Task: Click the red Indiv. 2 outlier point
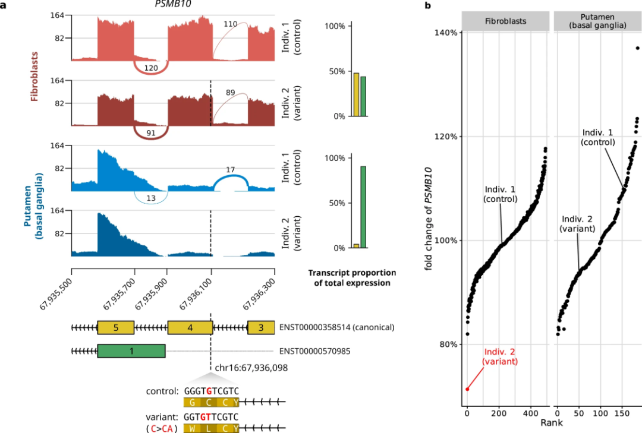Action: [467, 389]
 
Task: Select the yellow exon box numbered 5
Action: [116, 327]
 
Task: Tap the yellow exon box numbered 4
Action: [190, 327]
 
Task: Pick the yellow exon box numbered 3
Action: [260, 327]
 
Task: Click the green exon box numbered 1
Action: [131, 351]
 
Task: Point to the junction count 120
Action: [151, 68]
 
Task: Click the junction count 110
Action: [231, 24]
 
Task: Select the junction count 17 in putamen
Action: [231, 170]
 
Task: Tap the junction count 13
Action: [151, 198]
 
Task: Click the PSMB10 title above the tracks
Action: [172, 5]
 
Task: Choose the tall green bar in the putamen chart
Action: [363, 207]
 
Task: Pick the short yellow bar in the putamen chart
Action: [356, 245]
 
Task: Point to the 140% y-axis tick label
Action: [445, 33]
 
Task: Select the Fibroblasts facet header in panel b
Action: [505, 22]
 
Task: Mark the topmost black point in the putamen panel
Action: [637, 48]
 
